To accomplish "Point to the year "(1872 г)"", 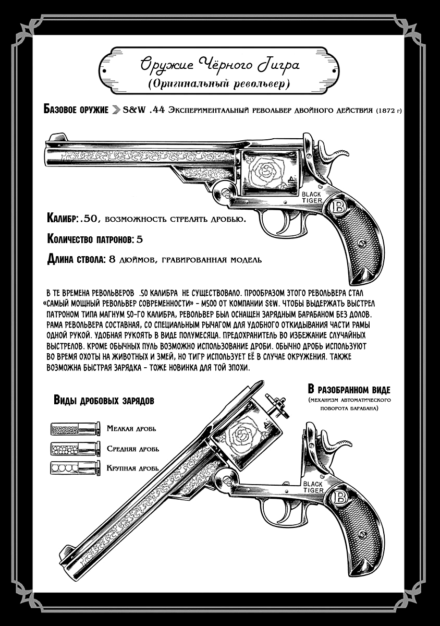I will (x=385, y=111).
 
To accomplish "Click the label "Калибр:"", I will (x=63, y=218).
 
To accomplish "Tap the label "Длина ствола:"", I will (x=76, y=259).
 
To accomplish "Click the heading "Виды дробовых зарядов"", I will (x=104, y=400).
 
